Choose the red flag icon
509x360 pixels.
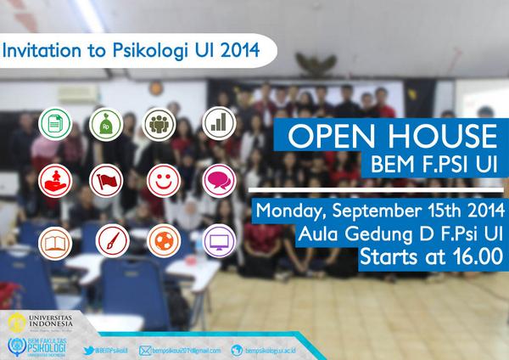pos(107,180)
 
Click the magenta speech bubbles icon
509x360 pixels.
pos(218,180)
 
